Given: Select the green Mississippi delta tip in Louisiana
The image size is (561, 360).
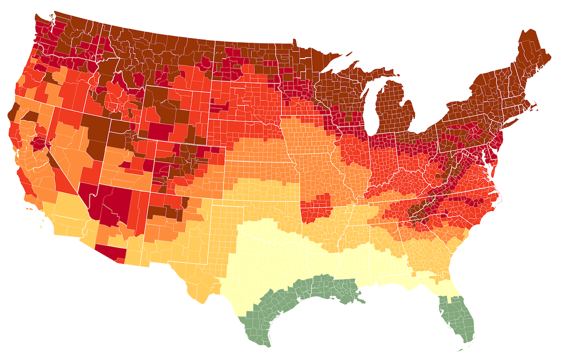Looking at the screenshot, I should point(358,299).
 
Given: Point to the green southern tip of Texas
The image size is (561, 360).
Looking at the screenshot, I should point(262,337).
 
